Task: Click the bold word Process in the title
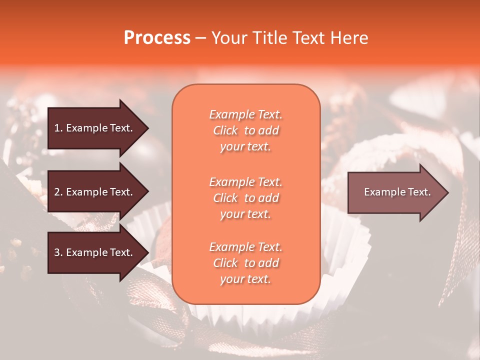[157, 38]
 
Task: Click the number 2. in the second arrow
[58, 192]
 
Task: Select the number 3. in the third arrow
[58, 252]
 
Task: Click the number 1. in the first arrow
[58, 128]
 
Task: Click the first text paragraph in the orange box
[245, 130]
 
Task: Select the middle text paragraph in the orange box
[245, 198]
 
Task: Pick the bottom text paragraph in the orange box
[245, 263]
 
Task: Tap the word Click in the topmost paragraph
[225, 130]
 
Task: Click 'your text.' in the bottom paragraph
[245, 279]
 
